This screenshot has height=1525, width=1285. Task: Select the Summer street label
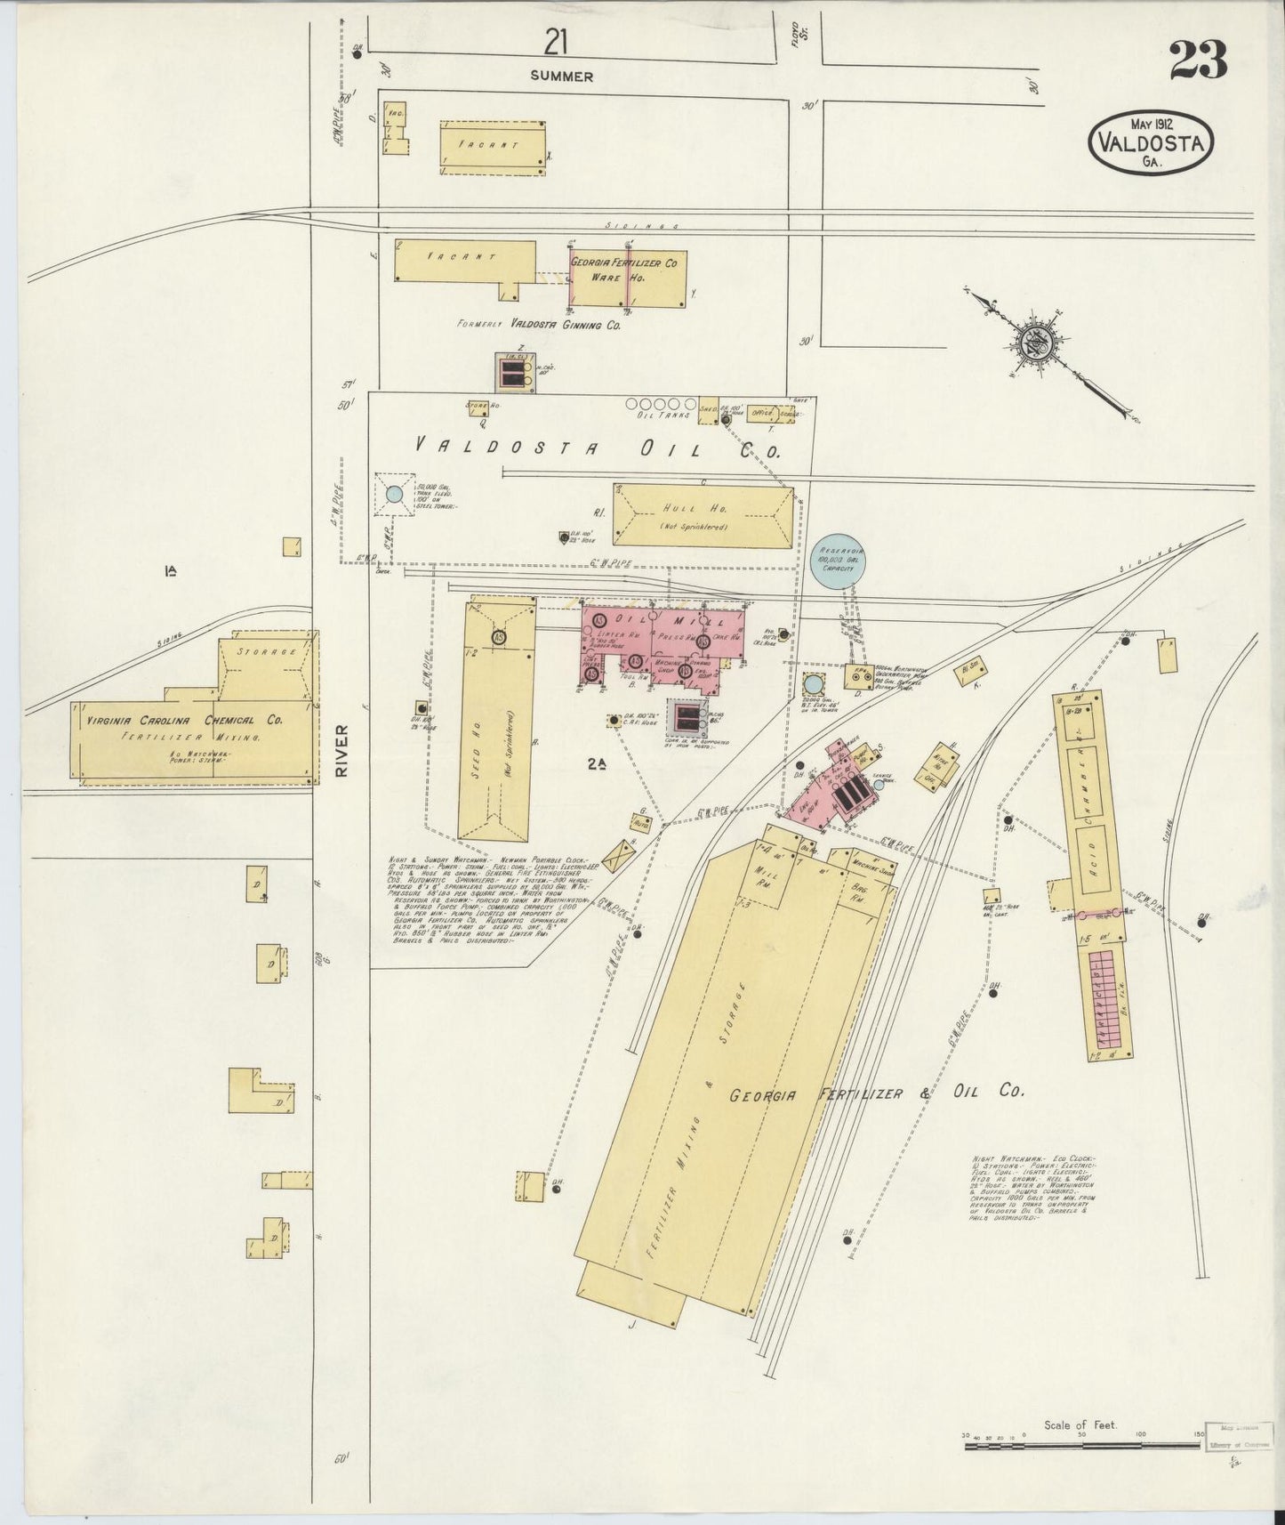[561, 77]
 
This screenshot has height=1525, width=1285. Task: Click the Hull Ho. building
[703, 515]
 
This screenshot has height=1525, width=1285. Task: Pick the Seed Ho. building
[496, 721]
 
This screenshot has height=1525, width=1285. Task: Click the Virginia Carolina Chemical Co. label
[186, 720]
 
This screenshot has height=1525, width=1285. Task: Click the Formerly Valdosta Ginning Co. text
[538, 325]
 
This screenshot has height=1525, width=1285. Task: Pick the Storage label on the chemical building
[267, 651]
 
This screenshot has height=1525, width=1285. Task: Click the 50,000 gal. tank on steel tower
[394, 494]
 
